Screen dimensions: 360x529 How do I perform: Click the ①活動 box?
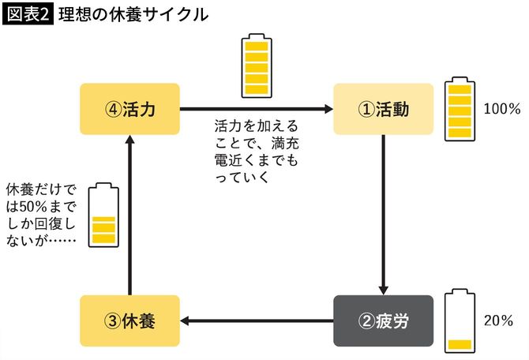click(x=383, y=109)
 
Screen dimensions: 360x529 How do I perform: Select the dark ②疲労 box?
click(x=383, y=321)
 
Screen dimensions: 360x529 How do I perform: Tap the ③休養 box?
click(x=129, y=321)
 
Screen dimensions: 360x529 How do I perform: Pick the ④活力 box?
click(x=129, y=109)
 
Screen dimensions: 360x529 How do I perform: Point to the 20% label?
click(x=499, y=321)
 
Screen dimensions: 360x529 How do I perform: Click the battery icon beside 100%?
click(x=459, y=110)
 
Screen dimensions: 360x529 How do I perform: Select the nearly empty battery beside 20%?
click(x=459, y=321)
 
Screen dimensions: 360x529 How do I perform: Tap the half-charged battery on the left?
click(x=103, y=216)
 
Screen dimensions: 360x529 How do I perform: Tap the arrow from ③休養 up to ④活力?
click(x=129, y=213)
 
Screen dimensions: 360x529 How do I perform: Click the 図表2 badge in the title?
click(x=28, y=15)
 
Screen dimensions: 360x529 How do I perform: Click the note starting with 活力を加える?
click(x=256, y=150)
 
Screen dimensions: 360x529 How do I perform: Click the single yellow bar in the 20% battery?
click(x=459, y=344)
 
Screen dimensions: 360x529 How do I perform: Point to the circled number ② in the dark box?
click(x=366, y=321)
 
